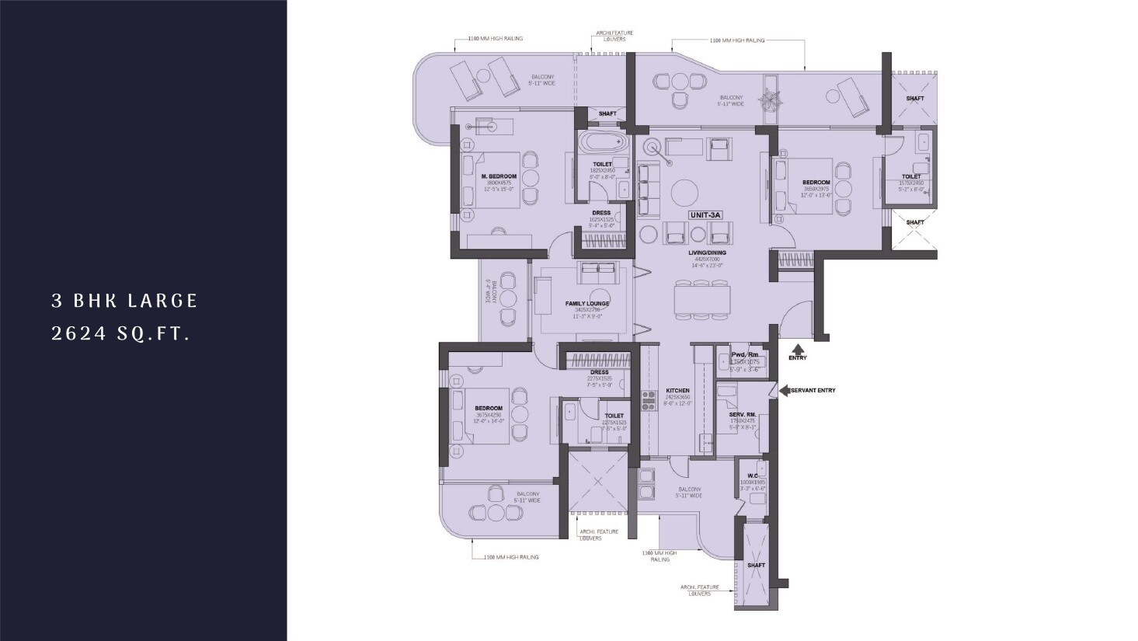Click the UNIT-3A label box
tap(705, 214)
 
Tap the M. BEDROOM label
tap(499, 176)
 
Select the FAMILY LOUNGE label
tap(587, 303)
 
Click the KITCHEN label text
tap(677, 391)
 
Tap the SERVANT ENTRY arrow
tap(785, 390)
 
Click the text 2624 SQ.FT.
tap(120, 334)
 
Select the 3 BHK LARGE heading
tap(125, 301)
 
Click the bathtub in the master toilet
tap(604, 144)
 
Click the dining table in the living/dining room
tap(702, 299)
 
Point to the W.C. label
tap(752, 476)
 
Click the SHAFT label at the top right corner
tap(914, 99)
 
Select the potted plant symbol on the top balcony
tap(771, 99)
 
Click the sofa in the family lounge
tap(597, 273)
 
